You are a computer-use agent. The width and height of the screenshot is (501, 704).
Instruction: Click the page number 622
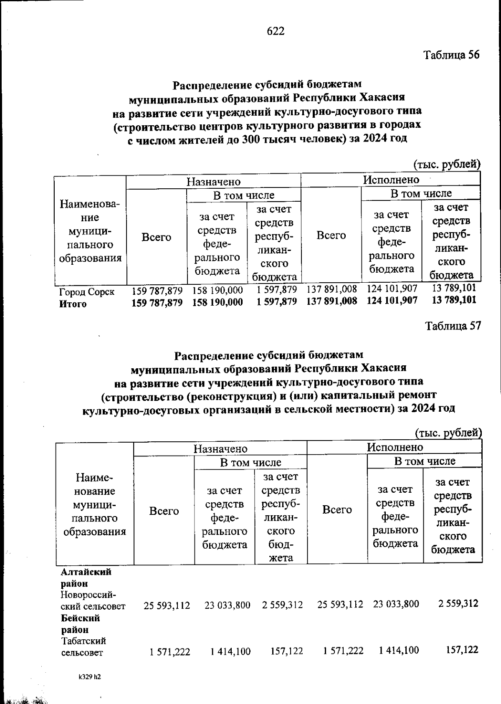coord(276,31)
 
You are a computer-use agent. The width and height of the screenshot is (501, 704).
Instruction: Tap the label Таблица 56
coord(452,55)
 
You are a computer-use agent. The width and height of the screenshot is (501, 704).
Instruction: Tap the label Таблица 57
coord(453,326)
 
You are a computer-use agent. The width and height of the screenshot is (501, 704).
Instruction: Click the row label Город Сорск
coord(87,291)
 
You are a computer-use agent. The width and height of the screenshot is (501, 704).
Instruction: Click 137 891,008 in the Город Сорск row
coord(332,289)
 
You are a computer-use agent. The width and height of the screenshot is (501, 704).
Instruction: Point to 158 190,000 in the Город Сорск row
coord(217,290)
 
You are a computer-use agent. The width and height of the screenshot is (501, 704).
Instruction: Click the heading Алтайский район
coord(86,578)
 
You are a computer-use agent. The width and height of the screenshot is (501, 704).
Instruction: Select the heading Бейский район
coord(80,623)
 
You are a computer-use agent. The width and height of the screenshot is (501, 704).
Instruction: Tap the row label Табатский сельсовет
coord(83,646)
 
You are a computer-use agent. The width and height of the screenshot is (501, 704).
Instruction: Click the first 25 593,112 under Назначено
coord(167,605)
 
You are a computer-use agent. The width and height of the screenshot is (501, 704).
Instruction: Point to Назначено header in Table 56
coord(213,182)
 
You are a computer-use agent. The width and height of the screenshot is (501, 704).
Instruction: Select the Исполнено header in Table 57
coord(395,447)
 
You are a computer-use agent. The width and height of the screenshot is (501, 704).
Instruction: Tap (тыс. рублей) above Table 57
coord(449,433)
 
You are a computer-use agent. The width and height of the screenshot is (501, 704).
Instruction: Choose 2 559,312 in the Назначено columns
coord(283,605)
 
